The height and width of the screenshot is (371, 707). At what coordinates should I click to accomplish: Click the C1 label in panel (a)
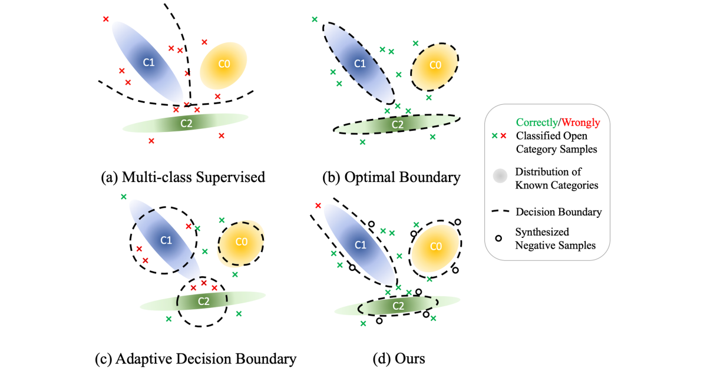click(x=148, y=62)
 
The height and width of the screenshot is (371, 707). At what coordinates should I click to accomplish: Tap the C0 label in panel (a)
click(x=224, y=64)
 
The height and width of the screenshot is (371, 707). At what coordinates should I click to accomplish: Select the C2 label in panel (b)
click(x=397, y=125)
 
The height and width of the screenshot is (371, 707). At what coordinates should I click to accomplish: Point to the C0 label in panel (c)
click(x=242, y=242)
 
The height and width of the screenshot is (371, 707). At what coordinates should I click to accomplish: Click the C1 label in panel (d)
click(x=361, y=245)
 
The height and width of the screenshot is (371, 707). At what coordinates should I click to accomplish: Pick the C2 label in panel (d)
click(x=398, y=306)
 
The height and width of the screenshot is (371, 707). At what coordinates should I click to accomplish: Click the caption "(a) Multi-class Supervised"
click(x=183, y=177)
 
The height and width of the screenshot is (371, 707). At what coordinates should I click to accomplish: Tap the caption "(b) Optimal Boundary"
click(x=391, y=177)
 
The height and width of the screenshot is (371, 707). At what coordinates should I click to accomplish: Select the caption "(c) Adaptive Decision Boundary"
click(x=196, y=359)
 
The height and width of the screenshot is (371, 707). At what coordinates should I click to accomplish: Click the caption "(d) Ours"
click(x=399, y=359)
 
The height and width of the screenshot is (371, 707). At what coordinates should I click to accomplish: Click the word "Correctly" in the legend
click(x=537, y=122)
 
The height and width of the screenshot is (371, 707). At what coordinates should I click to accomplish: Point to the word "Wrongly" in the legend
click(x=581, y=122)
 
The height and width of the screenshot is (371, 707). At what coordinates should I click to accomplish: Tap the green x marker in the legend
click(x=494, y=135)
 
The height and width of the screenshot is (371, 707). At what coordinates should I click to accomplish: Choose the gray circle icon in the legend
click(x=500, y=176)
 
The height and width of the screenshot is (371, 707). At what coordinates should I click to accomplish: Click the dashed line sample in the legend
click(x=501, y=211)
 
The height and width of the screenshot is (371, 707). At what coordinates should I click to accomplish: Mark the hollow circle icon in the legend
click(x=498, y=238)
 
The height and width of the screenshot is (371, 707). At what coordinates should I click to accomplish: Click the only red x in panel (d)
click(x=318, y=206)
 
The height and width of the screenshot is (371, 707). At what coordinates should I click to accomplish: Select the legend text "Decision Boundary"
click(x=559, y=211)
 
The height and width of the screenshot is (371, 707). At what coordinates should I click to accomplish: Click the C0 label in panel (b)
click(x=435, y=65)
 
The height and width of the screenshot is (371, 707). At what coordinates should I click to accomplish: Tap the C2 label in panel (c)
click(x=203, y=302)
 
